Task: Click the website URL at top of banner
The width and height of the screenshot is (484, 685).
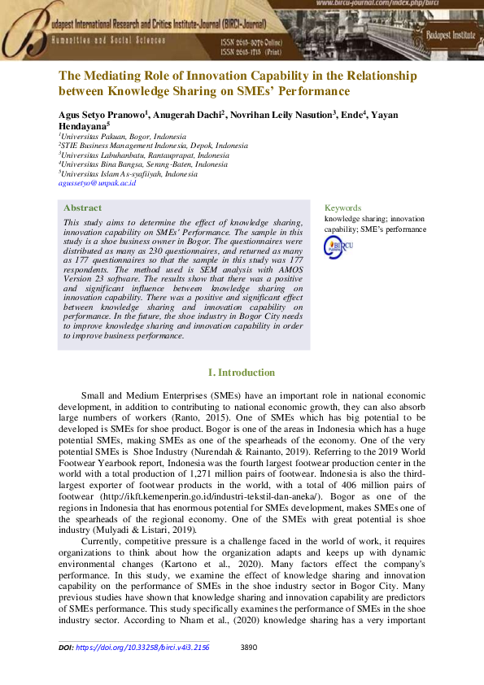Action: click(395, 4)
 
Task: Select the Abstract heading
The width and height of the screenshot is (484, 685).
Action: click(82, 207)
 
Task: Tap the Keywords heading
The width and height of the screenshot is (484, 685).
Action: click(342, 207)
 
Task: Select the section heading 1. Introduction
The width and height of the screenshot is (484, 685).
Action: click(242, 373)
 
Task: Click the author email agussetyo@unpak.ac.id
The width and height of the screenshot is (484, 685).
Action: click(97, 184)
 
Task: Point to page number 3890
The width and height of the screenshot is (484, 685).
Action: click(251, 648)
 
